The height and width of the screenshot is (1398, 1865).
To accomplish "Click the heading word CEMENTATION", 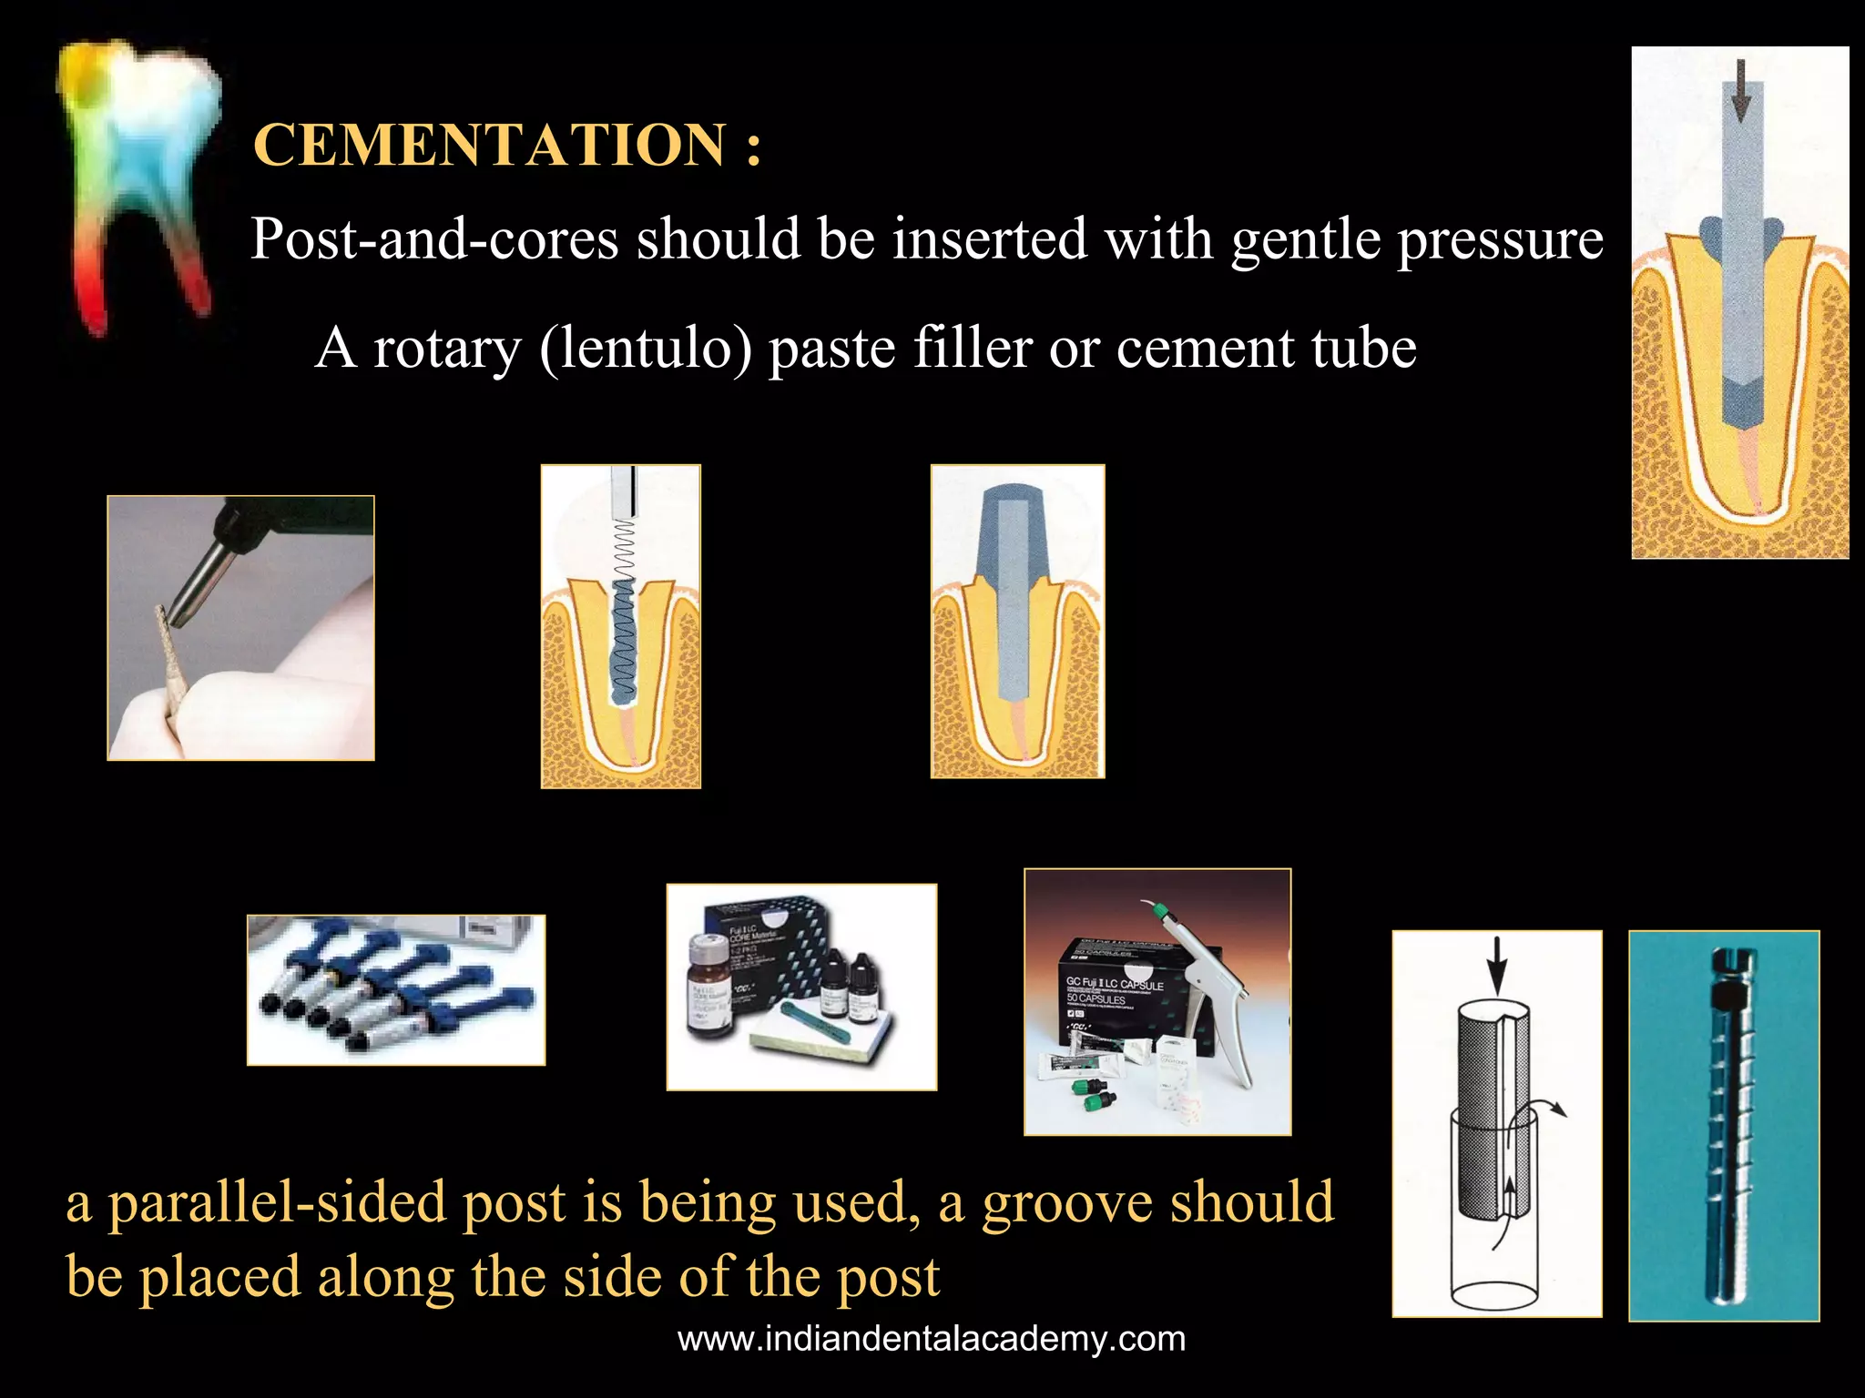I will pos(489,146).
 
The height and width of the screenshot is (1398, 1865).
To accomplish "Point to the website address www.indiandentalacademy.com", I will pos(932,1339).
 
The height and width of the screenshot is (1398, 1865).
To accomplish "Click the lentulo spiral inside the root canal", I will pos(623,628).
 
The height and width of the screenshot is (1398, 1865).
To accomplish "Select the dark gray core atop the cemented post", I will pos(1016,528).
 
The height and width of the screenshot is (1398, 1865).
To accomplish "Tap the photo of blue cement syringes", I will pos(396,989).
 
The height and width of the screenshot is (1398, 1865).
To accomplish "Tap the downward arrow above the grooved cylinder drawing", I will pos(1496,965).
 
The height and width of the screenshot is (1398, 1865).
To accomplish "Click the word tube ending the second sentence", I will pos(1363,349).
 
